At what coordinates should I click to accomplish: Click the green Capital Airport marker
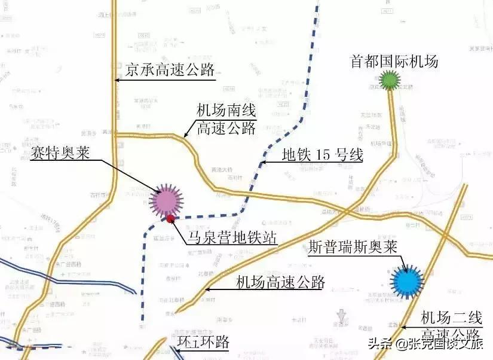coord(390,80)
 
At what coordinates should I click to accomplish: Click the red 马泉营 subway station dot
coord(171,219)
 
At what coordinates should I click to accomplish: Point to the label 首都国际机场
coord(394,61)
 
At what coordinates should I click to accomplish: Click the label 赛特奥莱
coord(60,153)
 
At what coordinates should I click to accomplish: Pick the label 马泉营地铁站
coord(232,238)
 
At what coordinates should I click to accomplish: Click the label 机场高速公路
coord(280,282)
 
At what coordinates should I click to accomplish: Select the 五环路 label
coord(203,341)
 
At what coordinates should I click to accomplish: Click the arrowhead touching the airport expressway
coord(207,290)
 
